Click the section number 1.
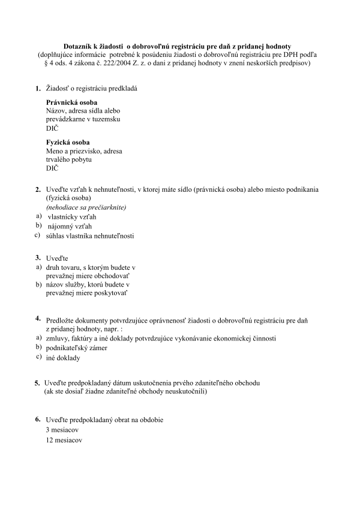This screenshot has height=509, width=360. click(x=38, y=89)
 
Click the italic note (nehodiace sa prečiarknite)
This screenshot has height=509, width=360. click(x=86, y=207)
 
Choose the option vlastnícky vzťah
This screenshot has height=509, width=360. click(x=71, y=216)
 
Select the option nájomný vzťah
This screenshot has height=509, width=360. click(x=70, y=226)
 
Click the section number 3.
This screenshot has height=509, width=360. click(x=38, y=258)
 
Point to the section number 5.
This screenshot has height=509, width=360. click(x=37, y=382)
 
